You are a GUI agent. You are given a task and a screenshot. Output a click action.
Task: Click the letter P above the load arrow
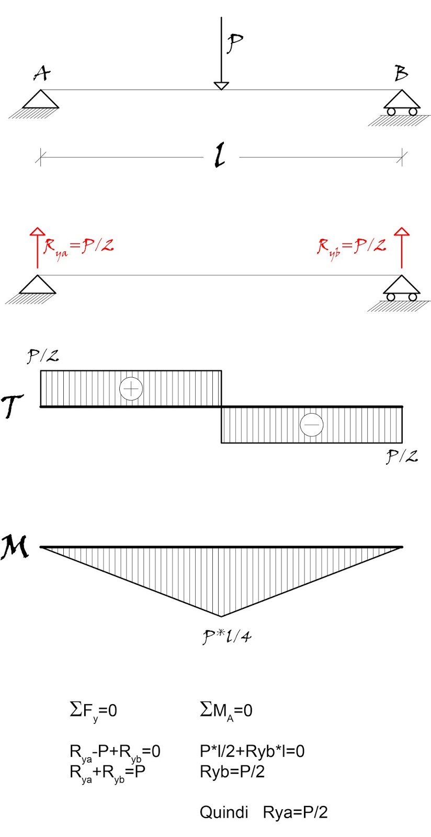[x=234, y=43]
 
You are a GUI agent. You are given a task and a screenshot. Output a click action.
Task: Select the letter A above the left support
[x=42, y=73]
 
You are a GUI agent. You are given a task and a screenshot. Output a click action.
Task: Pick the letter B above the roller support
[x=401, y=73]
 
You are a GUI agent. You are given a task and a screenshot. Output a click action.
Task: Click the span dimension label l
[x=221, y=156]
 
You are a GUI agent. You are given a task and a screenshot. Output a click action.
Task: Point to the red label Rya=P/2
[x=78, y=247]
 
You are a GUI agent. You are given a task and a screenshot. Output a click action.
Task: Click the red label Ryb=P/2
[x=351, y=247]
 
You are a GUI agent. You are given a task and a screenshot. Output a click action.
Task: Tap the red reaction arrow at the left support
[x=37, y=248]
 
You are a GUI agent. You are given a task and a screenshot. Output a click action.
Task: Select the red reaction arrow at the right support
[x=402, y=248]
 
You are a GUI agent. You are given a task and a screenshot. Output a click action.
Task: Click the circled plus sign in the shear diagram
[x=131, y=389]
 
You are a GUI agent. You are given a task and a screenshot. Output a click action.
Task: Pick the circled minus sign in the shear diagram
[x=312, y=425]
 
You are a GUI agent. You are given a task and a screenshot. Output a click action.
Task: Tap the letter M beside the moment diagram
[x=15, y=547]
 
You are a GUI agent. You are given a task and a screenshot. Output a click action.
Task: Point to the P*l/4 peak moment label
[x=227, y=637]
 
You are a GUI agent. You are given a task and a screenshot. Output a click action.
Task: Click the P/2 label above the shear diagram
[x=43, y=357]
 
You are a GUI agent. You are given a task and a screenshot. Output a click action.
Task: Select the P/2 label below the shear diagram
[x=402, y=457]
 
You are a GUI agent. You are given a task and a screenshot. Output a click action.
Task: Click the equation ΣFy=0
[x=93, y=710]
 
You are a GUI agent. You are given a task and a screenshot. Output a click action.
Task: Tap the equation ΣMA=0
[x=226, y=710]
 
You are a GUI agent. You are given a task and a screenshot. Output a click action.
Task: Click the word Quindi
[x=224, y=812]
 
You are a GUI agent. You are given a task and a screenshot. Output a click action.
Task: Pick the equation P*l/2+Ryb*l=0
[x=252, y=751]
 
